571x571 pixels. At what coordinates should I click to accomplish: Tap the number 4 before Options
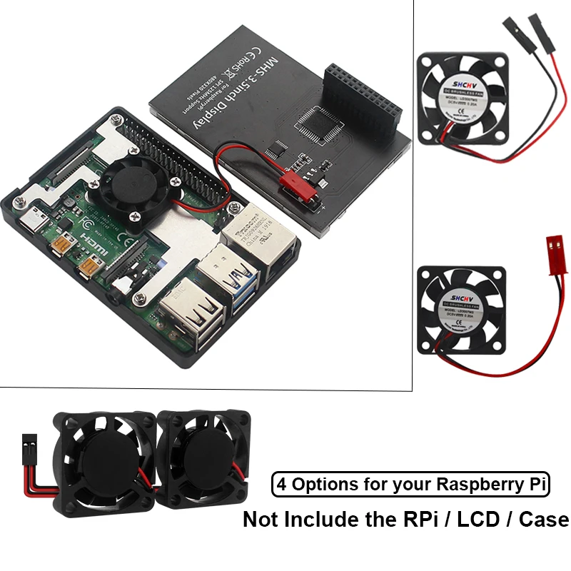point(282,485)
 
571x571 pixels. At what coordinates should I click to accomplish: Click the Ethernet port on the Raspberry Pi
point(253,239)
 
